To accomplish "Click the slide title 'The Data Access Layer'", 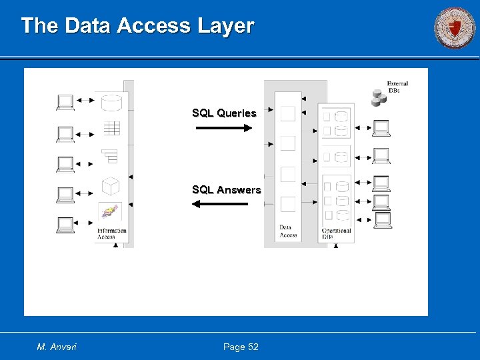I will click(x=137, y=26).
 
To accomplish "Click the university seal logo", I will click(x=455, y=29).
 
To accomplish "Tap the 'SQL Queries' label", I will click(x=224, y=113).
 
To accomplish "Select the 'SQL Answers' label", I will click(x=227, y=190).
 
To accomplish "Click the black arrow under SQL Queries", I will click(x=224, y=127).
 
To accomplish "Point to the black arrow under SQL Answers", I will click(x=219, y=204).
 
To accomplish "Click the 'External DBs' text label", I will click(x=397, y=87).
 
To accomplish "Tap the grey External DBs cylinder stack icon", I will click(x=379, y=98).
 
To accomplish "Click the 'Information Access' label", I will click(x=111, y=234).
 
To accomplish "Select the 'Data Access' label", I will click(x=288, y=231).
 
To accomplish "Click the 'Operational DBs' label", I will click(x=337, y=234).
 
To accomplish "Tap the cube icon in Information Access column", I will click(x=110, y=186).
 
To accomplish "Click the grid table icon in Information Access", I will click(x=111, y=128).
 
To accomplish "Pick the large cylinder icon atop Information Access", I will click(x=111, y=103).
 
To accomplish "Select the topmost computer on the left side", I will click(x=65, y=102).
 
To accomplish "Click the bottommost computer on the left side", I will click(x=65, y=225).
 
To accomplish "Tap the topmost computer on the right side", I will click(x=381, y=127).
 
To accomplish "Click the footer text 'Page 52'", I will click(x=241, y=347).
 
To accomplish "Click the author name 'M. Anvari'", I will click(x=57, y=347).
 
